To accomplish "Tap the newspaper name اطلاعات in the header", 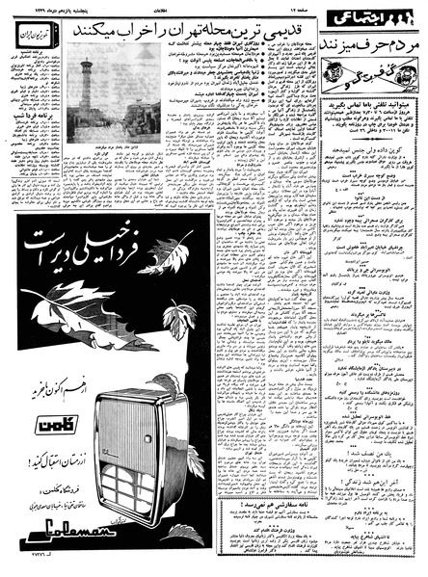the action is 179,10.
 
